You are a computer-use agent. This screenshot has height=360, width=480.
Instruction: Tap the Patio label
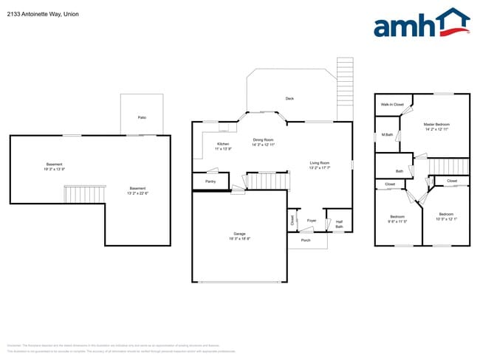point(142,117)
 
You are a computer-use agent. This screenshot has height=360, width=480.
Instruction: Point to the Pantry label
point(210,181)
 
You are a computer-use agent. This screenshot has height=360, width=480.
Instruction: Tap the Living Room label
point(319,165)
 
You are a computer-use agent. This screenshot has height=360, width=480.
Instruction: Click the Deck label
point(290,98)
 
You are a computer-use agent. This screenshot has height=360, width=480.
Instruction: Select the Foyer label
point(312,220)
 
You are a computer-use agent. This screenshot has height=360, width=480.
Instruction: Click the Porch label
point(306,240)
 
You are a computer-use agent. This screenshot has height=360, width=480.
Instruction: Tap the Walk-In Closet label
point(392,105)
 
